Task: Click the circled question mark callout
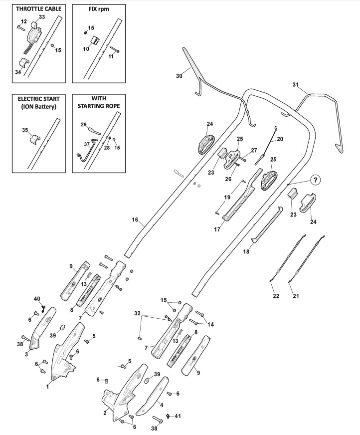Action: [315, 180]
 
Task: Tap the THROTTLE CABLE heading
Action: [38, 8]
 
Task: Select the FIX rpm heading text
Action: [99, 9]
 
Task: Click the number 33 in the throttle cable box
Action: [41, 17]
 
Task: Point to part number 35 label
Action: [25, 130]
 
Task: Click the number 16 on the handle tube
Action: [135, 219]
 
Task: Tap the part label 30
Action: [179, 76]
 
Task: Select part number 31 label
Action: [296, 85]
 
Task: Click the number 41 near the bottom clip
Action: [178, 416]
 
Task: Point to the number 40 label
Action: [37, 299]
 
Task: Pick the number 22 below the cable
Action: [276, 296]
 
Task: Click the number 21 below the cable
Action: [296, 296]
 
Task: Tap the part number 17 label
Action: [217, 229]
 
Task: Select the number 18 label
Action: [246, 251]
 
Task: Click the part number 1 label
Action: [47, 386]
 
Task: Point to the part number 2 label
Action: [105, 413]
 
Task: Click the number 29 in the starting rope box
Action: [84, 125]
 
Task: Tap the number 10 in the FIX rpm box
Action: [86, 49]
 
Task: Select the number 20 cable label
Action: [280, 139]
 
